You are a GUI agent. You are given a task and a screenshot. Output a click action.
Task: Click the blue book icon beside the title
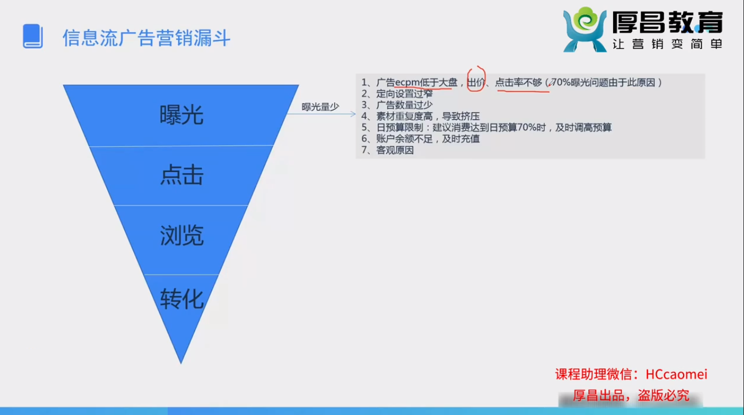pos(32,36)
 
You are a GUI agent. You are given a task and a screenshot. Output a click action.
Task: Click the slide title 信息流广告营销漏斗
pos(146,38)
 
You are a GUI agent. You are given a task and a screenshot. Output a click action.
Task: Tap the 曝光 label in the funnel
pos(181,115)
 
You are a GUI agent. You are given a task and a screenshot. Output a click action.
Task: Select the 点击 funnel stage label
pos(181,175)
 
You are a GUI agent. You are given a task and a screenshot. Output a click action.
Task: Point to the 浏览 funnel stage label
pos(181,235)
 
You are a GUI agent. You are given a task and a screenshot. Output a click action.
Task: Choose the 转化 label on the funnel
pos(181,299)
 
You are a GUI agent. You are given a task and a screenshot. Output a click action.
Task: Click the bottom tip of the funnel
pos(181,363)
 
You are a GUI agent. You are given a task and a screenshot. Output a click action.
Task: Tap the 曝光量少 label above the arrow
pos(320,107)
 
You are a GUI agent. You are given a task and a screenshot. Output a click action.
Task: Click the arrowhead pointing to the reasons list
pos(353,114)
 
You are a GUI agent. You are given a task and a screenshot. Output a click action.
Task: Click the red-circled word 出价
pos(476,82)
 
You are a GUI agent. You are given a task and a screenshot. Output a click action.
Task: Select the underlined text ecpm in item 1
pos(407,82)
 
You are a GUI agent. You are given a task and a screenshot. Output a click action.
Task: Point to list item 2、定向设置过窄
pos(397,93)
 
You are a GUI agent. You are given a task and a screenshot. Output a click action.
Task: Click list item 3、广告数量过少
pos(397,105)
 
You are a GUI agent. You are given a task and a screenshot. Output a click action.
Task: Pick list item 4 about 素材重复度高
pos(421,116)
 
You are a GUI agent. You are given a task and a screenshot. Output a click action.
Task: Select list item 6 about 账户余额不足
pos(421,139)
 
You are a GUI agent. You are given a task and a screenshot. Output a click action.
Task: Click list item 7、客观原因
pos(388,150)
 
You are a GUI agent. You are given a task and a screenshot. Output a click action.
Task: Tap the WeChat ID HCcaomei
pos(676,374)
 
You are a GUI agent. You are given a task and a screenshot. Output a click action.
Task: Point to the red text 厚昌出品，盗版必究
pos(631,396)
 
